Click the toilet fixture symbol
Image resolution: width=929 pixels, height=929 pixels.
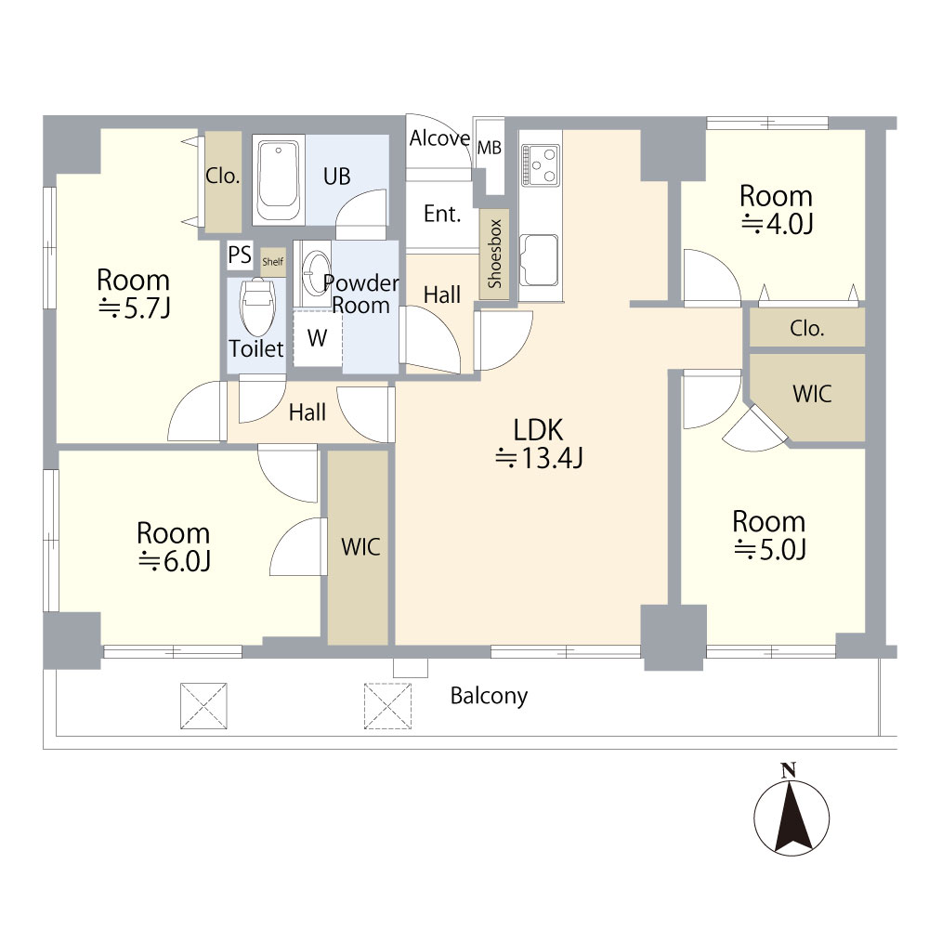[257, 307]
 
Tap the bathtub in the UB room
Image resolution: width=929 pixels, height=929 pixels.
[279, 180]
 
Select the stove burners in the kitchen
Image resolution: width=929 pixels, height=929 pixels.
[541, 165]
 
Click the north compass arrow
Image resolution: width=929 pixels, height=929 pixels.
[792, 817]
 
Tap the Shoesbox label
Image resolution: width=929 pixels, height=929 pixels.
[495, 254]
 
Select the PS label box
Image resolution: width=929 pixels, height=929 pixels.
[240, 255]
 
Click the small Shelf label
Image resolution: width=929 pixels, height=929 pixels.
[272, 261]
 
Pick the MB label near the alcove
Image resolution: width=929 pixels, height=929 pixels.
[490, 148]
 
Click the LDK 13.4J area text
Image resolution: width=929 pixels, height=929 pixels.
[539, 444]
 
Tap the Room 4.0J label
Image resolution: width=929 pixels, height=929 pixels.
[776, 210]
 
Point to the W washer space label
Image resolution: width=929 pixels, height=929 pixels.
[317, 338]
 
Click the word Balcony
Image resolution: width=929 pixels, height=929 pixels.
[489, 696]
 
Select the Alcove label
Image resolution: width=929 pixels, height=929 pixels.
[439, 138]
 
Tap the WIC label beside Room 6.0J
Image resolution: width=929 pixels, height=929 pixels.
[360, 547]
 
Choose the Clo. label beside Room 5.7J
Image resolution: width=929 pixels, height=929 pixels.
[223, 176]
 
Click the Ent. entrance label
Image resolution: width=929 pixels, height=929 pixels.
[442, 214]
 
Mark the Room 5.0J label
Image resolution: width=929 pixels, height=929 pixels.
[769, 535]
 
